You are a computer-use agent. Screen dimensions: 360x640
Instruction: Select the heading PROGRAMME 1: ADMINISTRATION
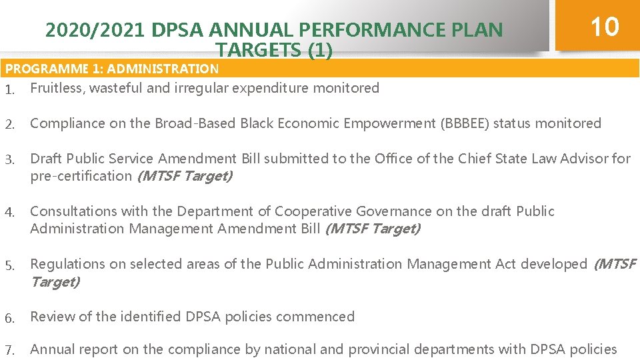pyautogui.click(x=112, y=69)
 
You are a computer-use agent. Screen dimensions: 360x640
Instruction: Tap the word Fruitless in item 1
pyautogui.click(x=55, y=88)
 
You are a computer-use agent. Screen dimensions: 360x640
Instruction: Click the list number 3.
pyautogui.click(x=9, y=159)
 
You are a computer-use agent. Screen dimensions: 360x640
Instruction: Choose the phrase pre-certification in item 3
pyautogui.click(x=81, y=176)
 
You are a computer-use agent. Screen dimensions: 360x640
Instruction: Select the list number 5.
pyautogui.click(x=9, y=265)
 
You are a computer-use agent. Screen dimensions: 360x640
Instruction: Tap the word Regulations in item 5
pyautogui.click(x=67, y=264)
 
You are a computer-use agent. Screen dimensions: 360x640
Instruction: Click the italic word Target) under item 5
pyautogui.click(x=55, y=281)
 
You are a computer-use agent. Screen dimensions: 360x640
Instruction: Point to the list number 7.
pyautogui.click(x=9, y=350)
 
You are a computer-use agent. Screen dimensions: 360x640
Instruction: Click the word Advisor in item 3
pyautogui.click(x=585, y=159)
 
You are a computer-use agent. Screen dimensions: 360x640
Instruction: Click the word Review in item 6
pyautogui.click(x=53, y=317)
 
